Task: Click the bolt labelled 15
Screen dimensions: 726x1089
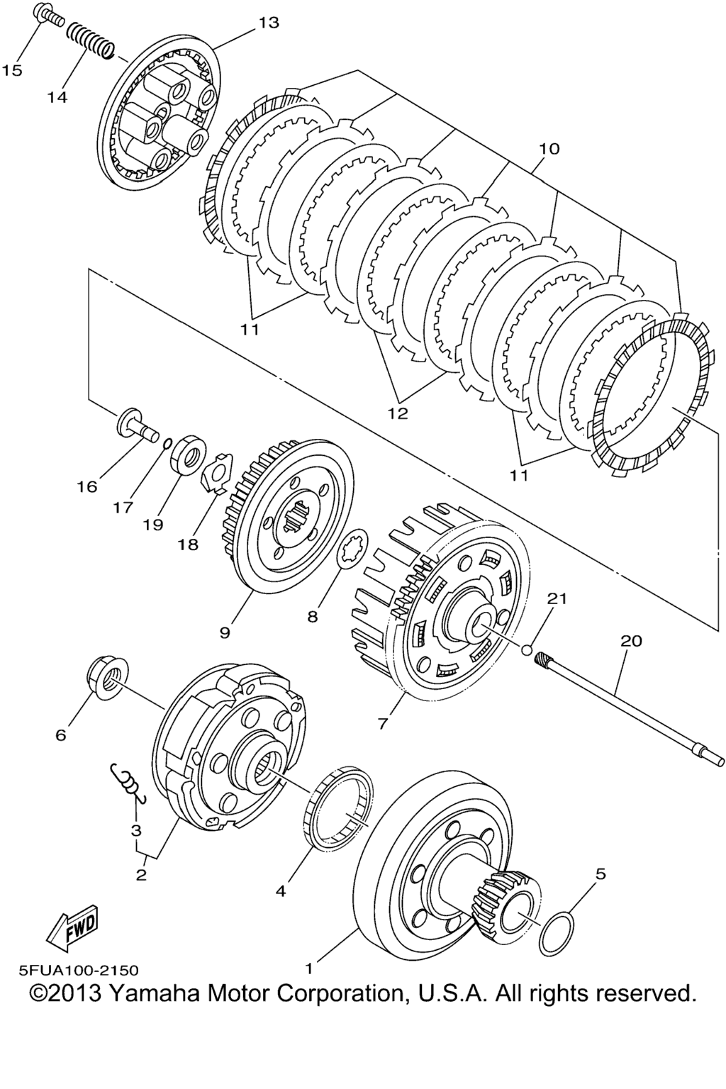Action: (49, 16)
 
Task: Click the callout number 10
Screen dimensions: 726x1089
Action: (549, 149)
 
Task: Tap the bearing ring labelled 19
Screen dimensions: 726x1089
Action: (188, 454)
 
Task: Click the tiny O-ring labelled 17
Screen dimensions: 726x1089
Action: (166, 443)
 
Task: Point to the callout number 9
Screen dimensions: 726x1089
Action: (225, 633)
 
